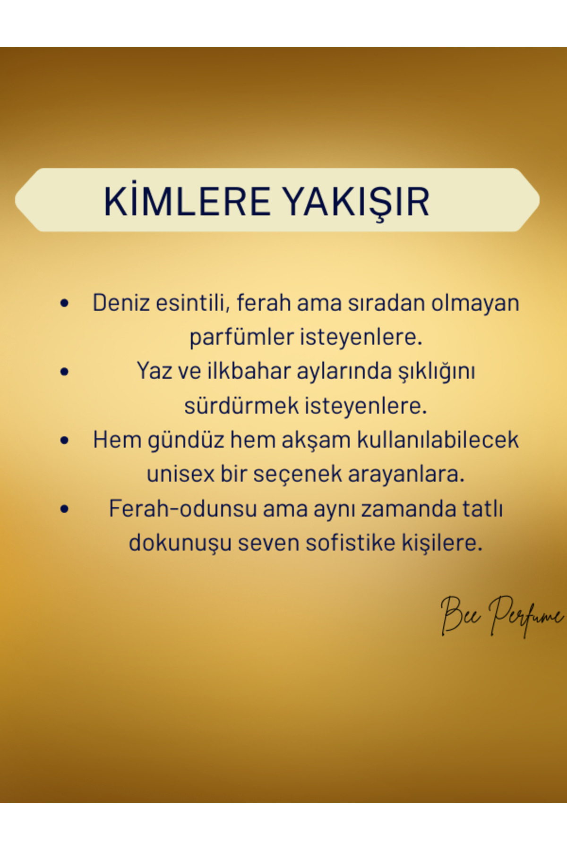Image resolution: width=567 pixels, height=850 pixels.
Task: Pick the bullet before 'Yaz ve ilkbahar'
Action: click(x=65, y=372)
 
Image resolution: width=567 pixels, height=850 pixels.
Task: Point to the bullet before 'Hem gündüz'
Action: click(x=65, y=441)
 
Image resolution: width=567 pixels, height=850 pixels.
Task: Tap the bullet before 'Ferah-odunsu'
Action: click(x=65, y=509)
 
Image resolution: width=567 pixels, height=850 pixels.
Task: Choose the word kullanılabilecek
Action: click(x=438, y=440)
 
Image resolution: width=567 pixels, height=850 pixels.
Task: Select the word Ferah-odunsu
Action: click(x=183, y=509)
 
